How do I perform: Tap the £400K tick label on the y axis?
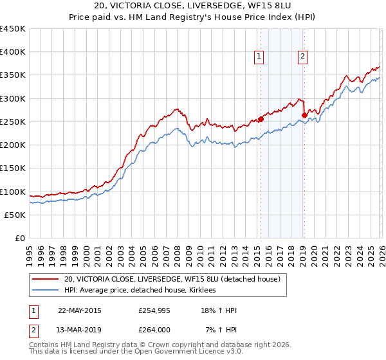coord(12,52)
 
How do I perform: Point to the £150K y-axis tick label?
coord(12,168)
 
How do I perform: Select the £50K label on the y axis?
coord(15,215)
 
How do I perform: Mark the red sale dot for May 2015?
coord(261,119)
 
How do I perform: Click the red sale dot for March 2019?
coord(304,116)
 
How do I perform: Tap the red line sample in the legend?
coord(45,280)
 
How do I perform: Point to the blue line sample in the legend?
coord(45,291)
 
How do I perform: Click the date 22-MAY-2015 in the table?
coord(79,310)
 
